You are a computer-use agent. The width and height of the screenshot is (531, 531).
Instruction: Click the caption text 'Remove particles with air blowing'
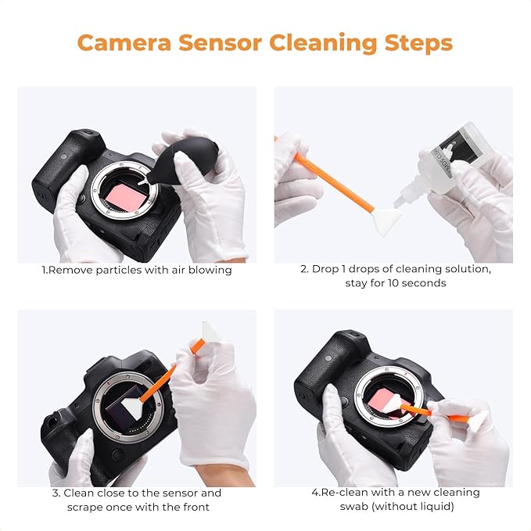(137, 270)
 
